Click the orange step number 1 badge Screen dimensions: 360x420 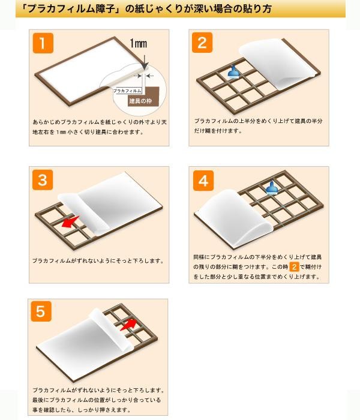tap(43, 43)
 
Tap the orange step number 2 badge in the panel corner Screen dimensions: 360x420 tap(202, 43)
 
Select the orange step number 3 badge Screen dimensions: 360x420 tap(43, 180)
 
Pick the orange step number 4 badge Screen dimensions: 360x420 tap(203, 181)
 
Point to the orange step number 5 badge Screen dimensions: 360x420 tap(41, 311)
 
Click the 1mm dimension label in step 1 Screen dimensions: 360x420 tap(138, 43)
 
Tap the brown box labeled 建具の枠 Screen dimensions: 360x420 tap(143, 97)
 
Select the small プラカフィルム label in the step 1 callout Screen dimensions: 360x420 tap(127, 91)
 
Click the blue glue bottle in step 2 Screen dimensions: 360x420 tap(233, 72)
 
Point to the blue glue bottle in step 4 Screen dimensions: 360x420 tap(272, 187)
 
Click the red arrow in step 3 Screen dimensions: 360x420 tap(70, 222)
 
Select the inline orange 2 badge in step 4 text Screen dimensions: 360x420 tap(294, 267)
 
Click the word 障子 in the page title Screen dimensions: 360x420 tap(109, 9)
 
